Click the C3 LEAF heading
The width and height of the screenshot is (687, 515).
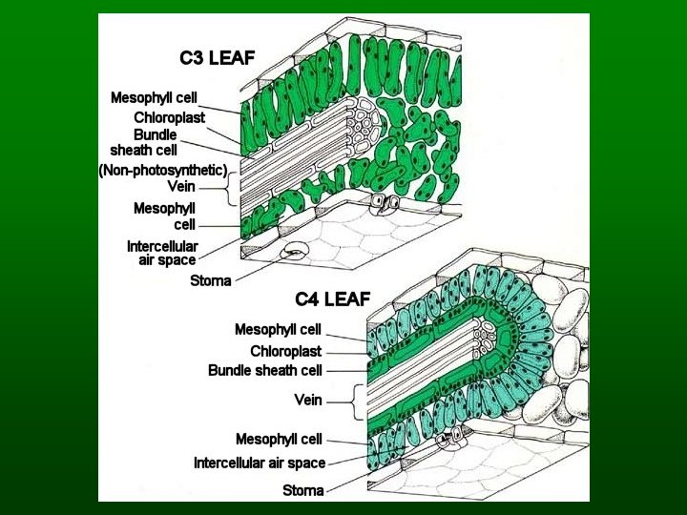point(218,57)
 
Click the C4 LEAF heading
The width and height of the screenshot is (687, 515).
point(332,299)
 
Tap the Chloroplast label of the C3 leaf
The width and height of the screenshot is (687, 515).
point(169,117)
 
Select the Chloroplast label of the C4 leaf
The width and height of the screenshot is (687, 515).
point(285,351)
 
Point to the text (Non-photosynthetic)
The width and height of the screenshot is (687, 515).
point(163,171)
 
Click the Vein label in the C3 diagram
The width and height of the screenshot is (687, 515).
point(181,186)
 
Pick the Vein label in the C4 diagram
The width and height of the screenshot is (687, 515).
point(308,400)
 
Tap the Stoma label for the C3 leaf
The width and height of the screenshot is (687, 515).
point(210,280)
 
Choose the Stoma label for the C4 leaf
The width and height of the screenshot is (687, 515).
point(302,490)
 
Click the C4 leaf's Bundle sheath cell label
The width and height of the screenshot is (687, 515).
point(265,370)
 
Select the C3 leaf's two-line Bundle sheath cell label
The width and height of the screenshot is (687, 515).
point(144,142)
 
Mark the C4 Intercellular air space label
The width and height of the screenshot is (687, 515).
point(260,463)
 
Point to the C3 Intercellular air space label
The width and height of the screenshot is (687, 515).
point(162,253)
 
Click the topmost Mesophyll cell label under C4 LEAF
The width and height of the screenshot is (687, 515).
point(278,329)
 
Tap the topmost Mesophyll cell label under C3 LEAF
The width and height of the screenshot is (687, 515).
point(154,97)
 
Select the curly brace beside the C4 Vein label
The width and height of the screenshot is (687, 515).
point(358,399)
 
